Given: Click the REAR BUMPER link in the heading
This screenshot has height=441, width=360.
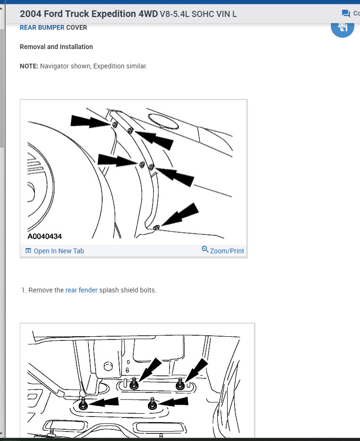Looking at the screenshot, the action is point(42,27).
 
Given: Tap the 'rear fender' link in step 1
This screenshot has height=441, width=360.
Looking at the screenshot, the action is point(82,290).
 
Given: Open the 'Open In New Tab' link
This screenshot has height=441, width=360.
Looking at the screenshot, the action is point(59,251).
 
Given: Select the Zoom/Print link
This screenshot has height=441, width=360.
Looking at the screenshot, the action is point(227,251).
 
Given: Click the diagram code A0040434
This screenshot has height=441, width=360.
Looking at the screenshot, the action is point(45,236).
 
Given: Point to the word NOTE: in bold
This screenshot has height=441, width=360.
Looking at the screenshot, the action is point(29,66).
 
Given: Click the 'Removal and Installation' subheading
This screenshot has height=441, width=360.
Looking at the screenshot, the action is point(56,47).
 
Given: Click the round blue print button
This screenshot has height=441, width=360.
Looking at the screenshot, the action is point(342,27).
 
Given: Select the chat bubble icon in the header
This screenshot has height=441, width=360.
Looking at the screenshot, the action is point(346,13).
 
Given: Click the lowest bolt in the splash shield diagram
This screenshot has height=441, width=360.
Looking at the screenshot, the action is point(156,227).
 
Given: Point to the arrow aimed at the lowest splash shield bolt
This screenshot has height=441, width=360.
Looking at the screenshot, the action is point(180,214).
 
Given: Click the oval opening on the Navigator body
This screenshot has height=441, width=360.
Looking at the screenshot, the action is point(163,121).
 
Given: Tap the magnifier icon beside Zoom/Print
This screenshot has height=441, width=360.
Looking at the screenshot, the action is point(205,249).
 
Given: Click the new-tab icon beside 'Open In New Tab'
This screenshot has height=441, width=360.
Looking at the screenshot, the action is point(28,250).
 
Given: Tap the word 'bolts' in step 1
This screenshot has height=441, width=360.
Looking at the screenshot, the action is point(147,290).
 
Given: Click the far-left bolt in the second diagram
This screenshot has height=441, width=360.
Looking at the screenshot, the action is point(83,404).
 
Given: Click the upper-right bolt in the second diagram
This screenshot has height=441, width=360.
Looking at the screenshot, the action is point(180,384).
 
